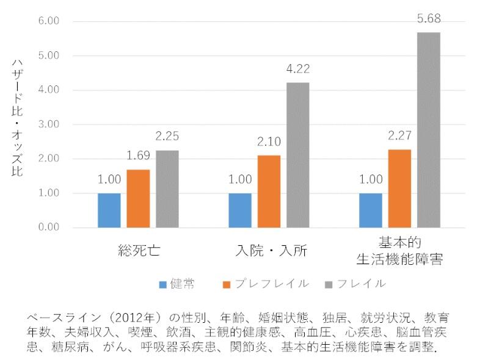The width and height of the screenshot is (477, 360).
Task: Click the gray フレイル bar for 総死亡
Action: (x=167, y=189)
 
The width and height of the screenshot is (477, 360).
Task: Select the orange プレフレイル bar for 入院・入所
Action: (x=269, y=192)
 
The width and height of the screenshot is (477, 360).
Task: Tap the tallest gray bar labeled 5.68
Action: (x=429, y=130)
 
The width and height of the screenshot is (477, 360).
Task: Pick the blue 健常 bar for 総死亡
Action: (x=109, y=211)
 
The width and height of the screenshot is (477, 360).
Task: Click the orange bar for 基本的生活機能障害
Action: (x=399, y=189)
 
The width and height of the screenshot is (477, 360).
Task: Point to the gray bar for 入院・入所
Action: (x=298, y=155)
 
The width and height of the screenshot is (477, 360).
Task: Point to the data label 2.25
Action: (x=167, y=137)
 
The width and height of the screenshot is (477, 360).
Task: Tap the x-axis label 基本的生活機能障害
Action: (x=399, y=251)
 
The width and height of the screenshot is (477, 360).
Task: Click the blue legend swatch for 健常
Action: (x=162, y=284)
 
